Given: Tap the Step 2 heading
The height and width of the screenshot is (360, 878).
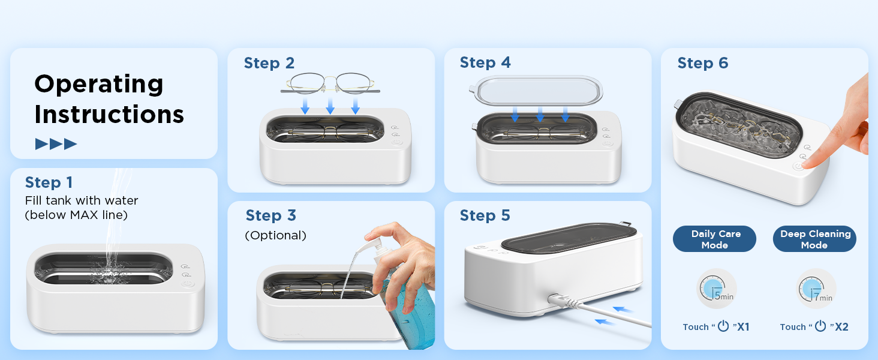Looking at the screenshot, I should [269, 63].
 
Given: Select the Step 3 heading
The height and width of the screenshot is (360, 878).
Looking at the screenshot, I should [270, 215].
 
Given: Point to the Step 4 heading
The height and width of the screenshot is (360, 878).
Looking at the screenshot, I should [485, 62].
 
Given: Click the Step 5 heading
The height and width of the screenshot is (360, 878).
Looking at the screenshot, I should [485, 215].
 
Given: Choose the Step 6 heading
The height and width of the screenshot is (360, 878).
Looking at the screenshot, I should [702, 63].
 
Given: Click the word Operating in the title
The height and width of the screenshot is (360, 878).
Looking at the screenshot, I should [98, 83].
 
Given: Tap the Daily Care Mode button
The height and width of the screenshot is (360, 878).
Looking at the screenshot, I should [714, 239].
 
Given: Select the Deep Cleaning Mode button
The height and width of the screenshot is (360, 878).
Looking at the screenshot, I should [815, 239].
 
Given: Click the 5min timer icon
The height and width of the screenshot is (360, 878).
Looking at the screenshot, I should [716, 289].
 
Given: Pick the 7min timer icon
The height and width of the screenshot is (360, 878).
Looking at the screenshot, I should [815, 289].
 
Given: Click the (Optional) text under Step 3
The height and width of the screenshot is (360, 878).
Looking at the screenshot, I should [275, 235].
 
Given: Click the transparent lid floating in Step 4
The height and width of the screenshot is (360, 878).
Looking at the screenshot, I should [536, 91].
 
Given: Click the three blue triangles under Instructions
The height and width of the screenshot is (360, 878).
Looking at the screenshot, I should [56, 144].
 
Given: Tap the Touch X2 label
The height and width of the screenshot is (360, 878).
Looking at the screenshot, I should [814, 326].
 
